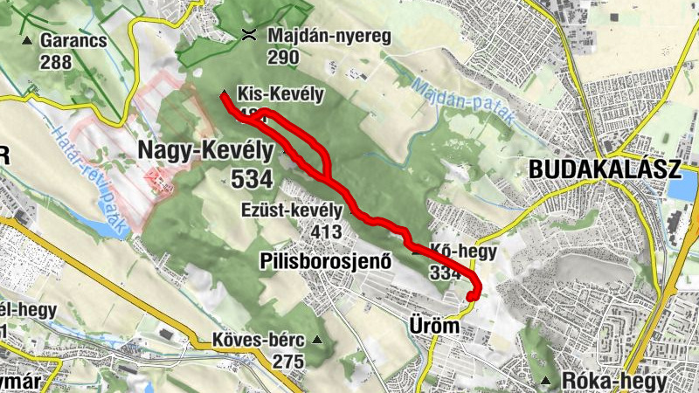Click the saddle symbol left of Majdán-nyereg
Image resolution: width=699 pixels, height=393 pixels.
(249, 36)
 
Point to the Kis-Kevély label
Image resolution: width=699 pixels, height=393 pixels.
(280, 93)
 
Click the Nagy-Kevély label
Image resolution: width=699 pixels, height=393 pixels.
(205, 150)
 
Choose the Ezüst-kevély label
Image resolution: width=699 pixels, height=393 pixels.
(293, 210)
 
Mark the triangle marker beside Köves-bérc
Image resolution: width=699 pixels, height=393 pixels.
(317, 340)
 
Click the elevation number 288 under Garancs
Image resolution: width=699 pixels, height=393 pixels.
(55, 61)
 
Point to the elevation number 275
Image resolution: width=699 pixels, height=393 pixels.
(287, 361)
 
